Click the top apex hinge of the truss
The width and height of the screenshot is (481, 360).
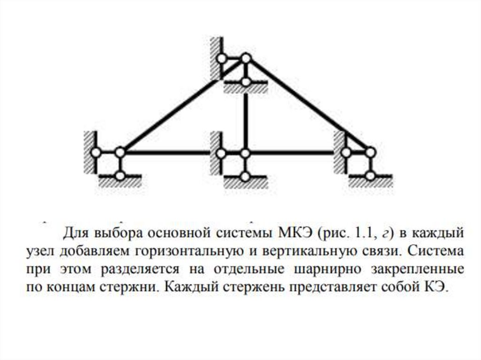[246, 59]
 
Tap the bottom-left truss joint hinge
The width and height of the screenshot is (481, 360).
[120, 153]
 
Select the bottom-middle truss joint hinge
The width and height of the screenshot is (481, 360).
[245, 153]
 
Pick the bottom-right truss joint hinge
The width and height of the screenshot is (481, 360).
[370, 153]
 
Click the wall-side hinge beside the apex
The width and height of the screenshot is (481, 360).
[222, 59]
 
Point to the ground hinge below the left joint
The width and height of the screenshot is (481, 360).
[120, 176]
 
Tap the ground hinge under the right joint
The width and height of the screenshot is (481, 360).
[370, 176]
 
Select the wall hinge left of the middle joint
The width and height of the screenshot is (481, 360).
[221, 153]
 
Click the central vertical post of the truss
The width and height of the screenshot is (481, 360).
[245, 117]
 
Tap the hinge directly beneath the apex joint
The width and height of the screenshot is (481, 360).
[246, 82]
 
